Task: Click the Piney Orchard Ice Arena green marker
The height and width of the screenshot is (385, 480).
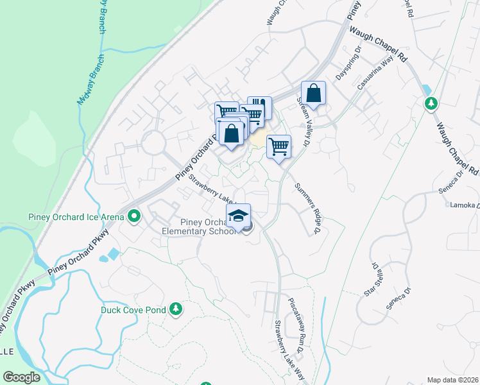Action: [134, 217]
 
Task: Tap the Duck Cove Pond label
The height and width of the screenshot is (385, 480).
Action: [133, 310]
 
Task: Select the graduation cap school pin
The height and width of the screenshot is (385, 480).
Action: [238, 215]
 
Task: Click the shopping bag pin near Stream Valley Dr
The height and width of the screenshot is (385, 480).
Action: [313, 93]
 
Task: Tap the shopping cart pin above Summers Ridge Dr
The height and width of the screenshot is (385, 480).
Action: [279, 147]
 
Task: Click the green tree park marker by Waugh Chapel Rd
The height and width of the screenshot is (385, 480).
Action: [431, 103]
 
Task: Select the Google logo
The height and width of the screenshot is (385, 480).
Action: [22, 377]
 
